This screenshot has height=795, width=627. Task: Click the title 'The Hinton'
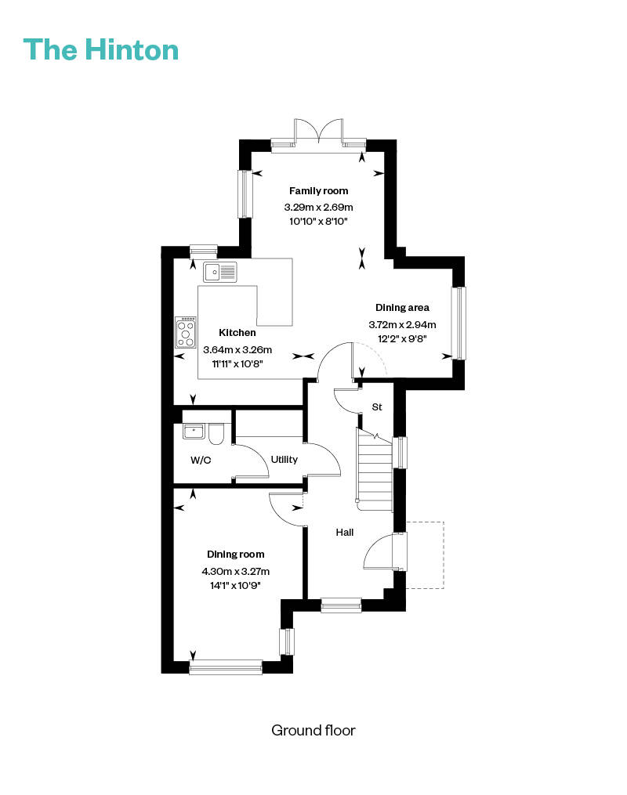point(101,49)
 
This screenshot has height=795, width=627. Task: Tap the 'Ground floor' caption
point(313,730)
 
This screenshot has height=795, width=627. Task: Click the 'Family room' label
point(318,190)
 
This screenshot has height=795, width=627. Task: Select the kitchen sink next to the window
point(220,273)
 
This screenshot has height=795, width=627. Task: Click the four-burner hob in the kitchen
point(186,333)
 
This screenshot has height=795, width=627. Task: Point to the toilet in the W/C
point(216,433)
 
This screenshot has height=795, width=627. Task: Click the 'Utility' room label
point(284,459)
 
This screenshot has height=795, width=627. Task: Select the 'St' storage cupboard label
point(377,407)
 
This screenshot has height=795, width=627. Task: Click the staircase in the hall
point(375,470)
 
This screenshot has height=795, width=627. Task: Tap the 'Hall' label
point(344,533)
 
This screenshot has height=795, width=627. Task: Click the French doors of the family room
point(318,132)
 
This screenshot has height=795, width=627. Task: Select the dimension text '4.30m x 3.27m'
point(235,572)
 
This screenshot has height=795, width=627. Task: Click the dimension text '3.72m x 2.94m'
point(402,324)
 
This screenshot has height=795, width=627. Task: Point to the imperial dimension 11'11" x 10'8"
point(237,363)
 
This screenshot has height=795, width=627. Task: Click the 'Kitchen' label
point(237,333)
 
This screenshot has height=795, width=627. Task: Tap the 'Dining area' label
point(402,307)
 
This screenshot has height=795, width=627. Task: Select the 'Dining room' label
point(235,555)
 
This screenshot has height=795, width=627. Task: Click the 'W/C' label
point(201,461)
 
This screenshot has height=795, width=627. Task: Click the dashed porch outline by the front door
point(444,555)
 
